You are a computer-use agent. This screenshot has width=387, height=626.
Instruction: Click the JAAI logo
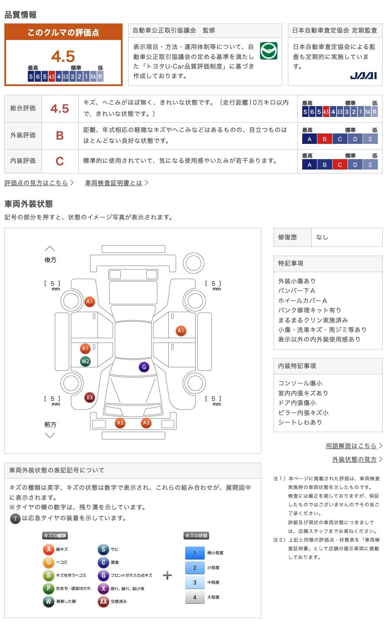point(363,76)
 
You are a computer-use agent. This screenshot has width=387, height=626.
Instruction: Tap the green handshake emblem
point(268,51)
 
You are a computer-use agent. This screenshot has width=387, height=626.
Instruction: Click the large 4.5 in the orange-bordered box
point(63,57)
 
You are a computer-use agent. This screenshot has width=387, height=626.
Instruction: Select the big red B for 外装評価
point(60,135)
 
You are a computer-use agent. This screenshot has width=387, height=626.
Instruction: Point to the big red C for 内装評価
point(60,161)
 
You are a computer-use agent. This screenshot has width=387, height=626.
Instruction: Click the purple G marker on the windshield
point(144,367)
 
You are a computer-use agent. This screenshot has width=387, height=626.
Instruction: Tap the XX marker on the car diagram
point(90,397)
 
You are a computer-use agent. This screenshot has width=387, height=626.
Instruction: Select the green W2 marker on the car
point(85,361)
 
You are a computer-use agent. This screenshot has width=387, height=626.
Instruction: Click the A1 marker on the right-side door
point(181,331)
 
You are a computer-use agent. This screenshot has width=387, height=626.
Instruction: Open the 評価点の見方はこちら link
point(37,183)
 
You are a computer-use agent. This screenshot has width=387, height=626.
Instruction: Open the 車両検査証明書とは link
point(114,183)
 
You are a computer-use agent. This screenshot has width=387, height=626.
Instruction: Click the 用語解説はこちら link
point(351,446)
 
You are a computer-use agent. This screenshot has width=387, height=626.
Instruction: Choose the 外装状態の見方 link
point(354,460)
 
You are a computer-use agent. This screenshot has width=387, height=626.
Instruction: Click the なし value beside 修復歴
point(322,237)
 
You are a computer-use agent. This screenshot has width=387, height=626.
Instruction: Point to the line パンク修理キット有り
point(310,310)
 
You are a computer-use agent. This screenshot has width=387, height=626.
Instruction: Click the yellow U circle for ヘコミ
point(48,563)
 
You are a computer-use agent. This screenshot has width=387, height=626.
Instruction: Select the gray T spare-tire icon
point(15,518)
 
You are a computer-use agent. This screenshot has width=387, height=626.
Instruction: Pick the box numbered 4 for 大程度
point(194,597)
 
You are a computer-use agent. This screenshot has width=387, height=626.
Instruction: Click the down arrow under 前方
point(50,435)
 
